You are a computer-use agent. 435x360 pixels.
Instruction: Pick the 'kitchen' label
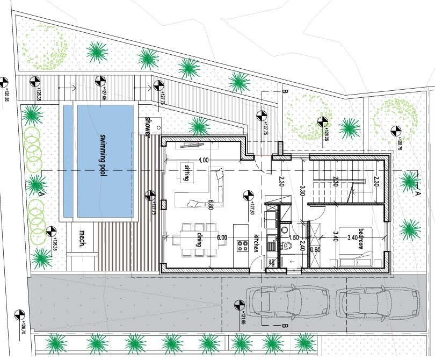pyautogui.click(x=256, y=243)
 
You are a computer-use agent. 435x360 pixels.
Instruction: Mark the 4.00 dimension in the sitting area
pyautogui.click(x=203, y=160)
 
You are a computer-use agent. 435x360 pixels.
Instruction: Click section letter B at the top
pyautogui.click(x=285, y=92)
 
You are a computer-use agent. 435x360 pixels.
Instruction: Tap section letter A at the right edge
pyautogui.click(x=418, y=191)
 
